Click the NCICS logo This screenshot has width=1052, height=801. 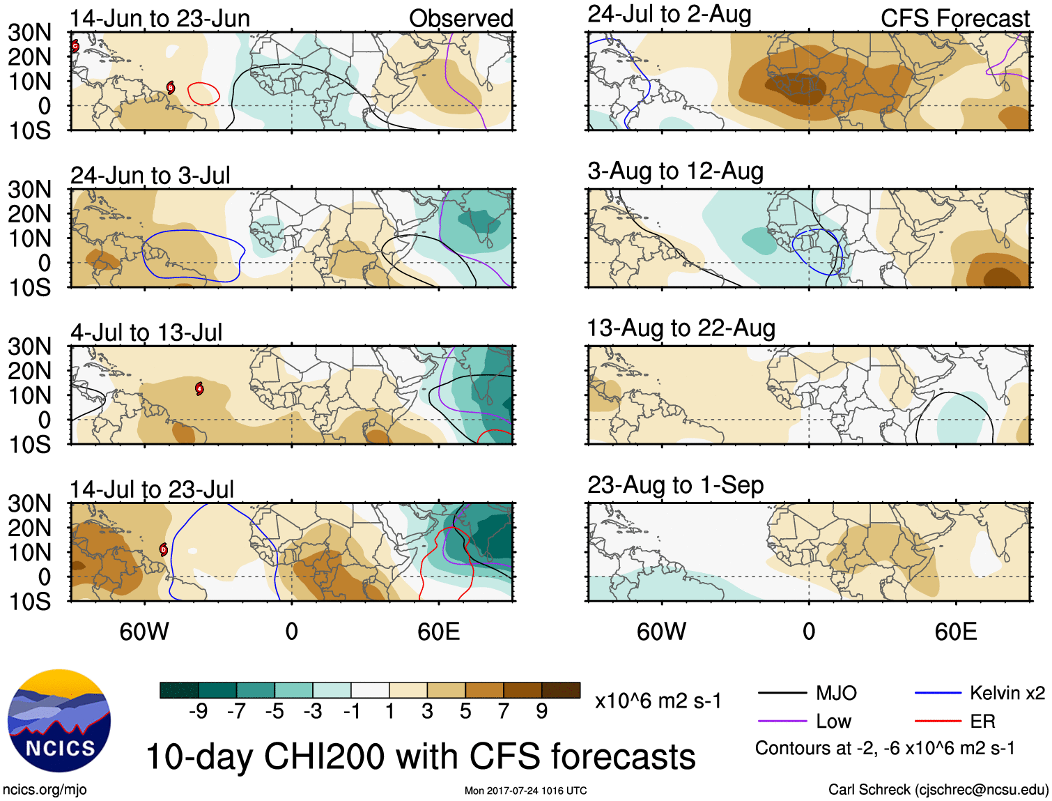(x=59, y=721)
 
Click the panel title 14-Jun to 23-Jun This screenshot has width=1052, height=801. (x=160, y=18)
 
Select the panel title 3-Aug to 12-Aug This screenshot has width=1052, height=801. (x=675, y=171)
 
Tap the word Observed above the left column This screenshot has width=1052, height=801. (x=461, y=19)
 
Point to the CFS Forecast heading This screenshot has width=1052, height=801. (x=954, y=19)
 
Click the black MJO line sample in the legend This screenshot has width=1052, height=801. (x=782, y=693)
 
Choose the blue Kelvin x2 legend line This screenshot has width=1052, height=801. (x=938, y=693)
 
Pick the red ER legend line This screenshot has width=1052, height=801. (x=938, y=721)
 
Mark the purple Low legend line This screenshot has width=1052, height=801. (x=782, y=721)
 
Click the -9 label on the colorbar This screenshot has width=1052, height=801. (x=198, y=711)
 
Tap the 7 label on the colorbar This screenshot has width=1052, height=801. (x=504, y=711)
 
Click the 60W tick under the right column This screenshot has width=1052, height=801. (x=661, y=632)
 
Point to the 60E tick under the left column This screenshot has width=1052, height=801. (x=438, y=632)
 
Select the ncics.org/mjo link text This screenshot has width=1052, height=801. (x=45, y=790)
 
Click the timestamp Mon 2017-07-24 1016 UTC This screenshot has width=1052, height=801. (x=525, y=791)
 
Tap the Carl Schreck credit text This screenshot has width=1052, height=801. (x=938, y=790)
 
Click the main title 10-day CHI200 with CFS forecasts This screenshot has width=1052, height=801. (x=420, y=757)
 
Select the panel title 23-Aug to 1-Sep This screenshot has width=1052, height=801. (x=675, y=485)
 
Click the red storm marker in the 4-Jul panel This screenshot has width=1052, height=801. (x=200, y=388)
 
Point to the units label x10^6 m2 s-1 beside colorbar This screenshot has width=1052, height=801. (x=658, y=701)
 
